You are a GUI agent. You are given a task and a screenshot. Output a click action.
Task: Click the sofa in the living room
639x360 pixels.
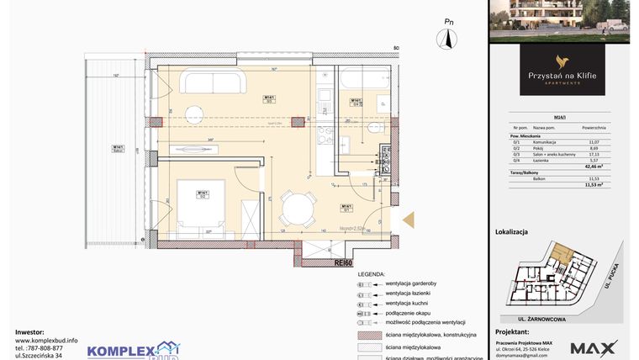pyautogui.click(x=214, y=82)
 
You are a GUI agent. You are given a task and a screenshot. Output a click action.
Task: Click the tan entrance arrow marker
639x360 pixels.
pyautogui.click(x=409, y=220)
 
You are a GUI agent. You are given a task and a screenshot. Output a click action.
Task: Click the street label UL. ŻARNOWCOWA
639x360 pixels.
pyautogui.click(x=530, y=319)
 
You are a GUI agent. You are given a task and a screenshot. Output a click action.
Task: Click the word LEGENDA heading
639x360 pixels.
pyautogui.click(x=371, y=274)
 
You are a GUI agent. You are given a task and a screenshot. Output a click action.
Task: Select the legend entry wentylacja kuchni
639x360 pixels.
pyautogui.click(x=408, y=303)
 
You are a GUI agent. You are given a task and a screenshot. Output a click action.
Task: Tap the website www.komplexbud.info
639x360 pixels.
pyautogui.click(x=46, y=341)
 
